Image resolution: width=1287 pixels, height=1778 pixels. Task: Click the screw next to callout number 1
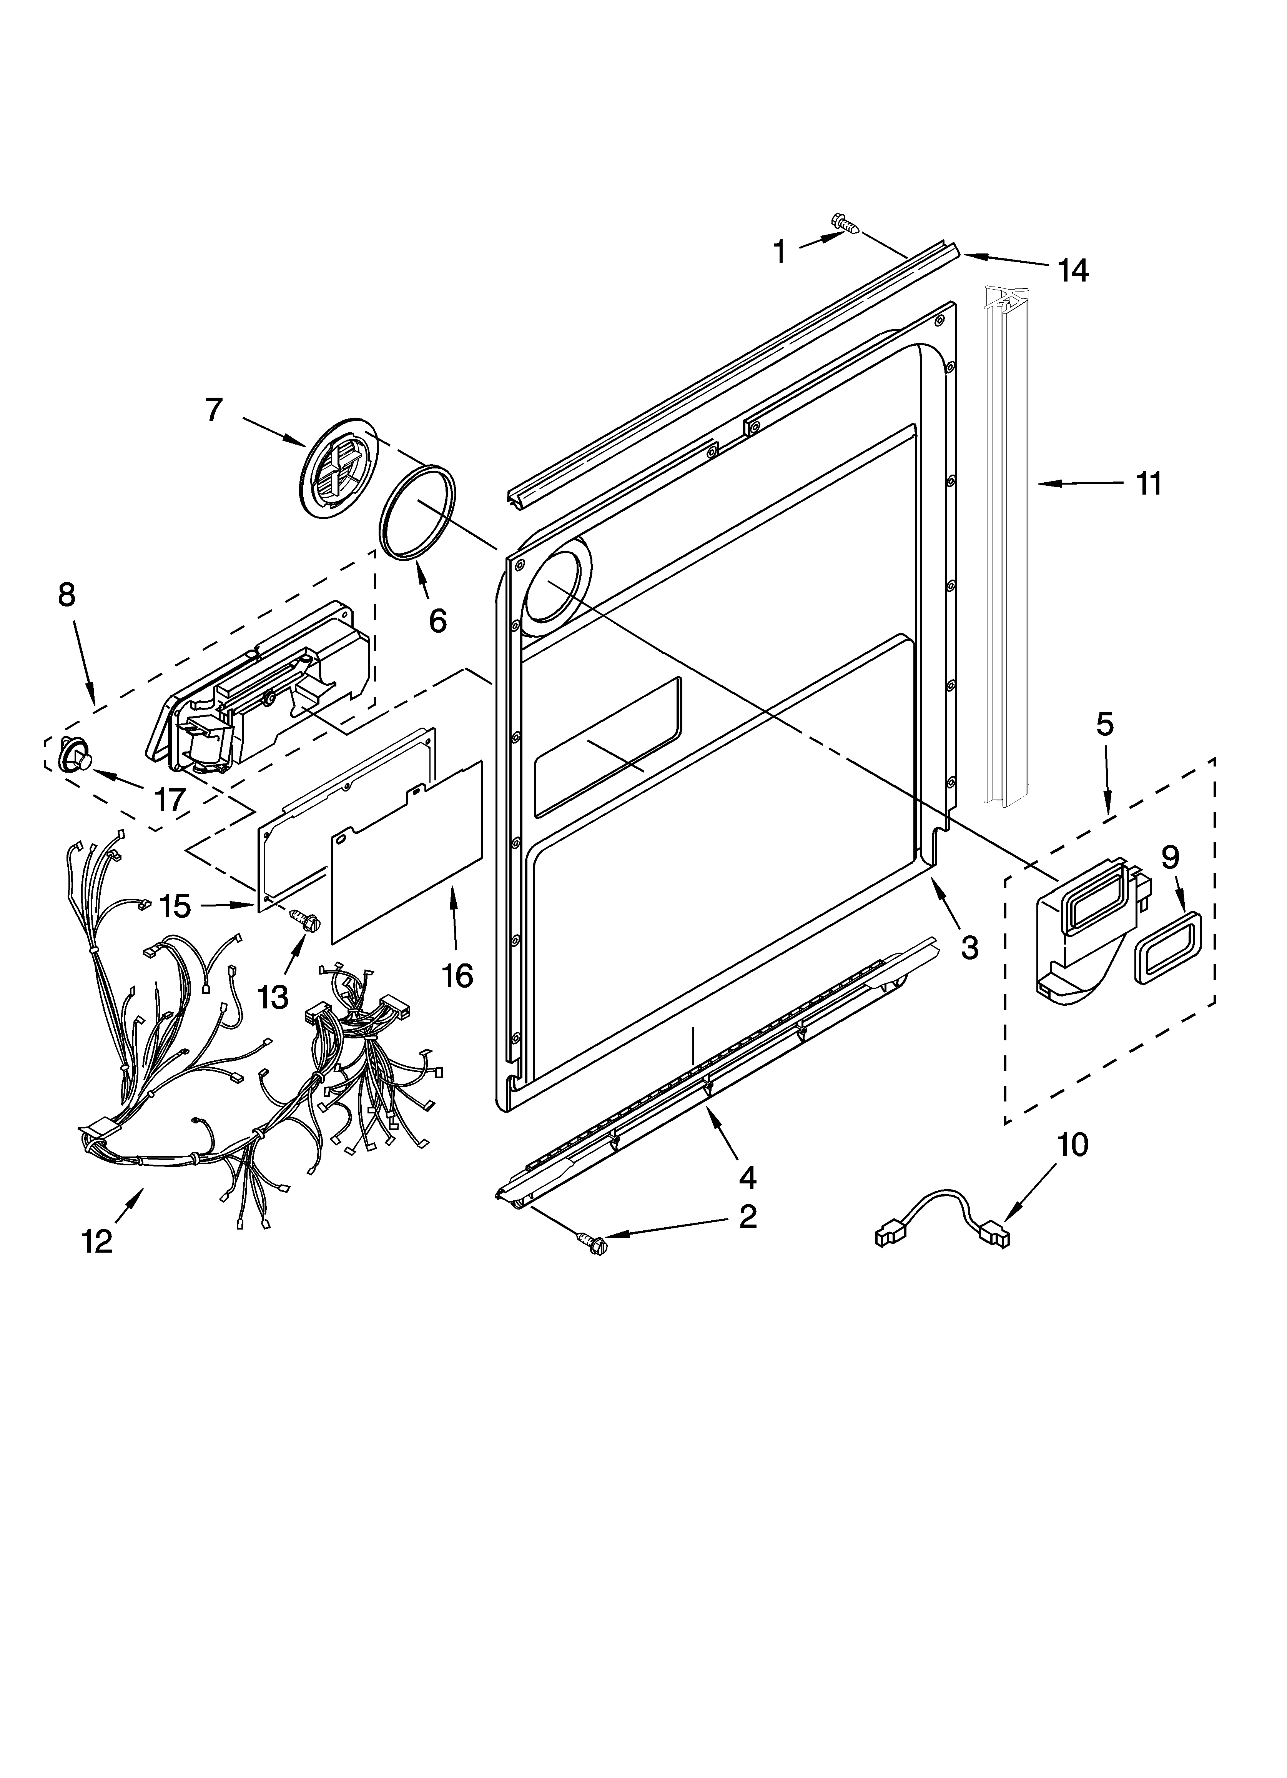pos(844,223)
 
